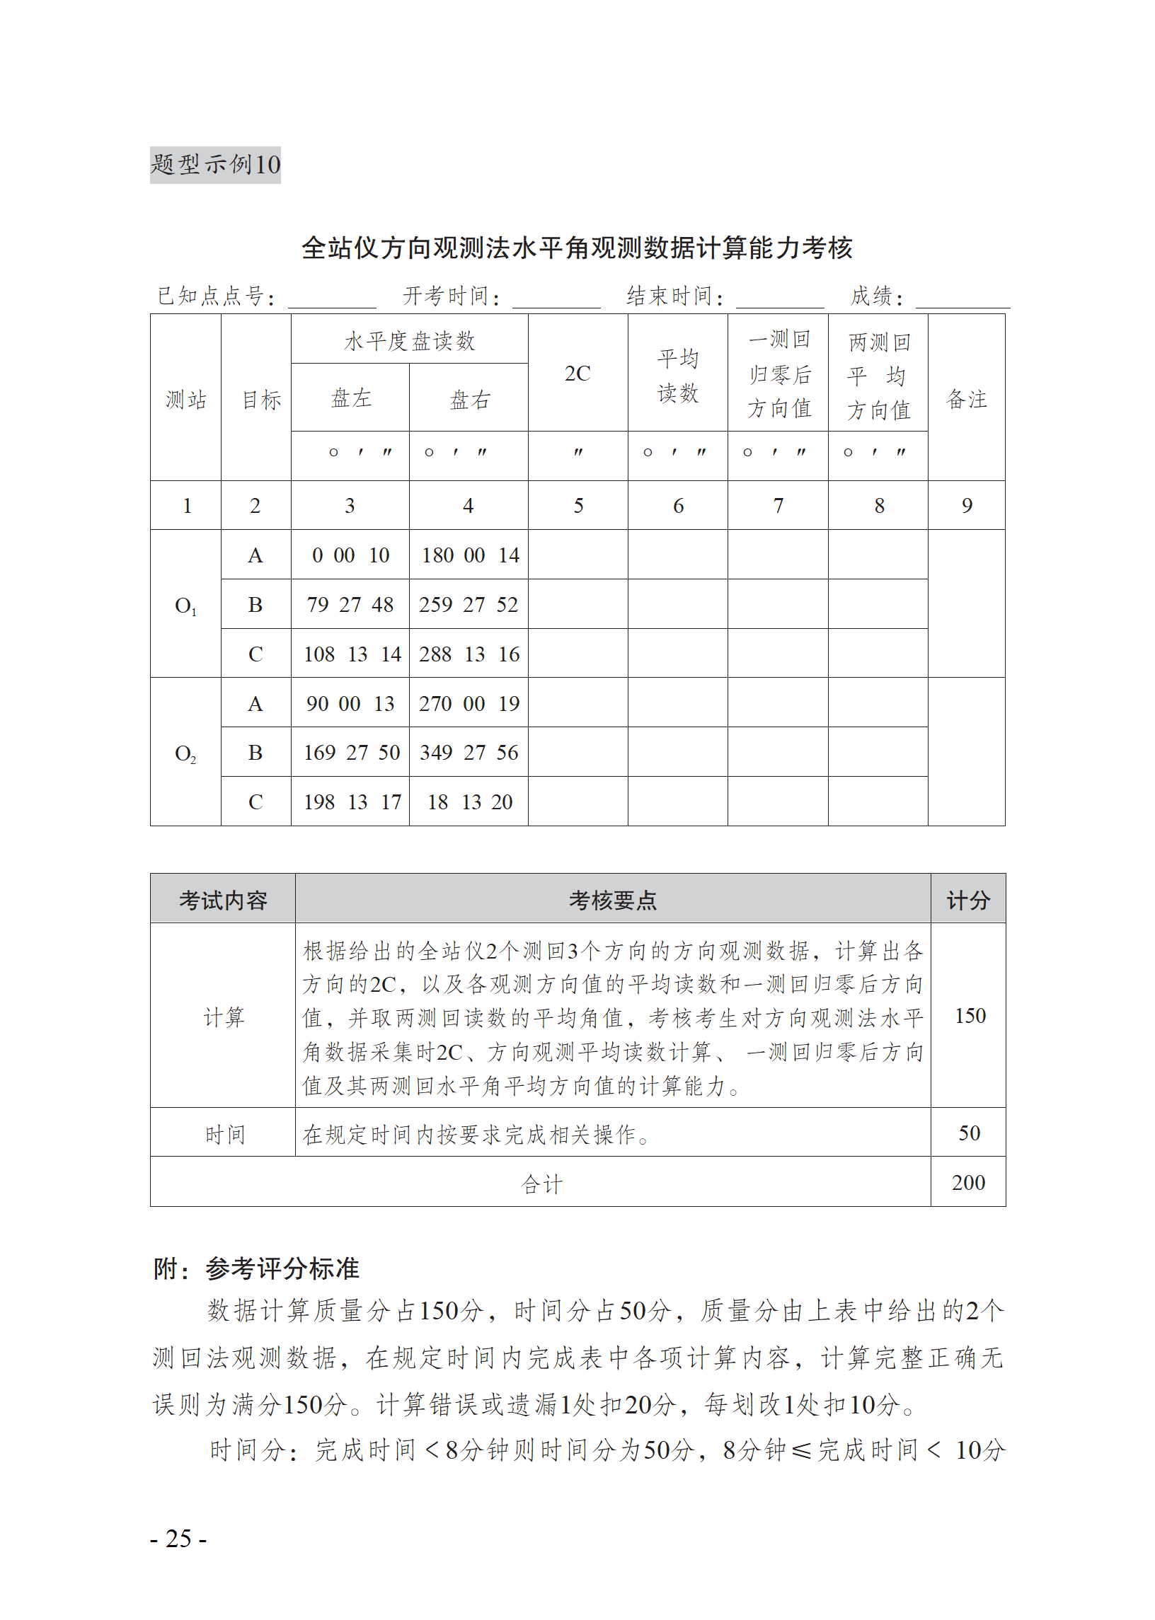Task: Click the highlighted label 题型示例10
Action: [214, 165]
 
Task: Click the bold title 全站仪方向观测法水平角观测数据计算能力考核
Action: [577, 248]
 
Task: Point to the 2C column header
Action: [577, 374]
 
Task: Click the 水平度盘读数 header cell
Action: [409, 340]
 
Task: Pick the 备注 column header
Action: [966, 399]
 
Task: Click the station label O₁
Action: [185, 606]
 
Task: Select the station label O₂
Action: [185, 753]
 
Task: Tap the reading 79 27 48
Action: [350, 605]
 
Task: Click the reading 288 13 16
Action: [469, 654]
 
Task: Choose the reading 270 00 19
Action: [469, 704]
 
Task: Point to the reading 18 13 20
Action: [469, 802]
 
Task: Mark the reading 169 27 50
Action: [351, 753]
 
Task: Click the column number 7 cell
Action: [778, 506]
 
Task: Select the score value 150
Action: [970, 1016]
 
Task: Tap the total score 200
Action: [968, 1183]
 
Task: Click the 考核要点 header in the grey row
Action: [612, 901]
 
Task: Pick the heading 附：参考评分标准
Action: [256, 1269]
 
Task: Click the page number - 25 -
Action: [178, 1539]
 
